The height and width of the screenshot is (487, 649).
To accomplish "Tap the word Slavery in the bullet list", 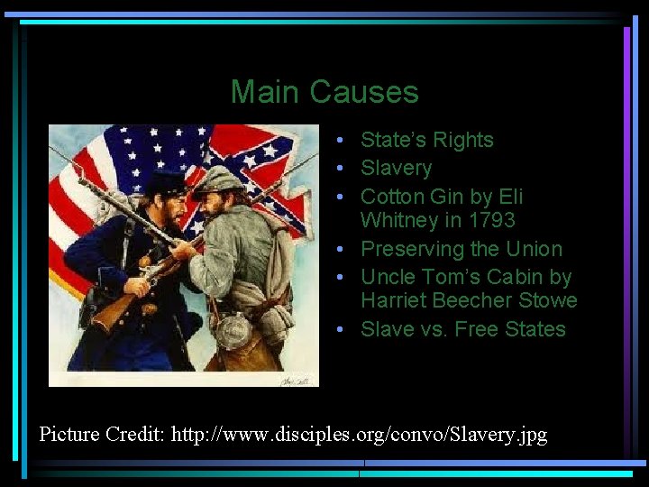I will pos(396,169).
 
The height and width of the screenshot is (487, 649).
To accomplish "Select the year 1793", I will pos(489,220).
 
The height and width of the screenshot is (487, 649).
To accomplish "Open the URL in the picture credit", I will pos(378,435).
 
